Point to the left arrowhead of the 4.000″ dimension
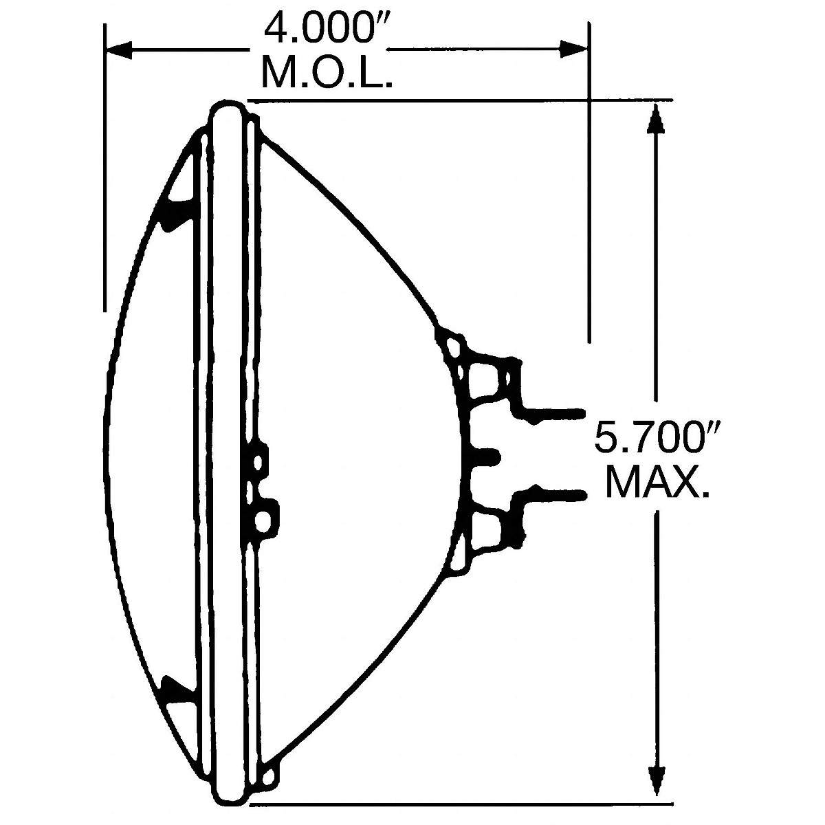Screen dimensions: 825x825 [x=119, y=49]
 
